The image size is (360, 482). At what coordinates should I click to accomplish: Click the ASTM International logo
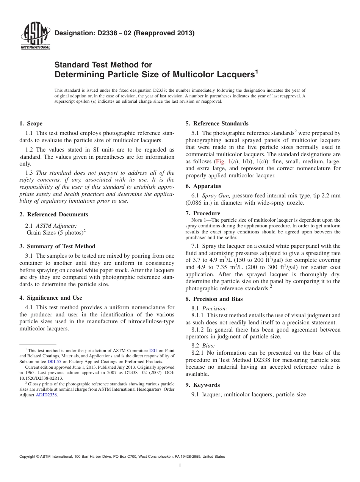tap(35, 37)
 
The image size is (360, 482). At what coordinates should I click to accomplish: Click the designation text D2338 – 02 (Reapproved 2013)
tap(125, 33)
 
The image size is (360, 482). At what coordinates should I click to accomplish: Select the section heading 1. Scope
tap(31, 124)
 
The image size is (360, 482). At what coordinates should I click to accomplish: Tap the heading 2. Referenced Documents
tap(54, 214)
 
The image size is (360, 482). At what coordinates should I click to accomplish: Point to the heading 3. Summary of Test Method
tap(57, 246)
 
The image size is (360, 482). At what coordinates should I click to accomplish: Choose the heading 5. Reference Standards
tap(217, 124)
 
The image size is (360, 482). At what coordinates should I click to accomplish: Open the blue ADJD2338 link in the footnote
tap(46, 395)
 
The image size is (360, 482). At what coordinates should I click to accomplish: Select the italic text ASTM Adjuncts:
tap(56, 225)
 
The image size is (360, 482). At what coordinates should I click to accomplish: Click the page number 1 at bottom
tap(180, 466)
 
